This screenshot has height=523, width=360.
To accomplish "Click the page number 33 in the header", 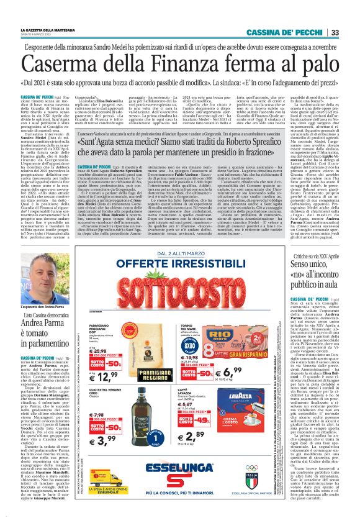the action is pyautogui.click(x=351, y=32).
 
